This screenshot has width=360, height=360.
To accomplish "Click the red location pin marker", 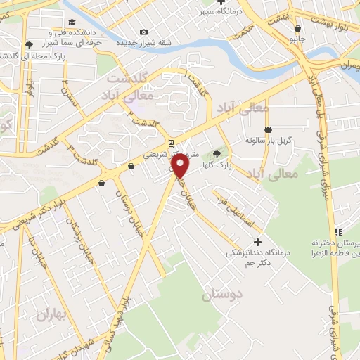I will (181, 165).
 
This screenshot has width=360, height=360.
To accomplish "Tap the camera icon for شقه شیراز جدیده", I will (144, 32).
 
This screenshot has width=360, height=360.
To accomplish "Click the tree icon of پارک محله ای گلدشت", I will (28, 44).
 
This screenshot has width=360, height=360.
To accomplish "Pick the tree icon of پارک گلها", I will (217, 154).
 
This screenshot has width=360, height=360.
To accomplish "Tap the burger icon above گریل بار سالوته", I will (268, 129).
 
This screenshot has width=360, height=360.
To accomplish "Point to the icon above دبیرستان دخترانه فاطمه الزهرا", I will (338, 232).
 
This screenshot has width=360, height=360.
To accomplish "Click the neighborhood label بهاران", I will (51, 314).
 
